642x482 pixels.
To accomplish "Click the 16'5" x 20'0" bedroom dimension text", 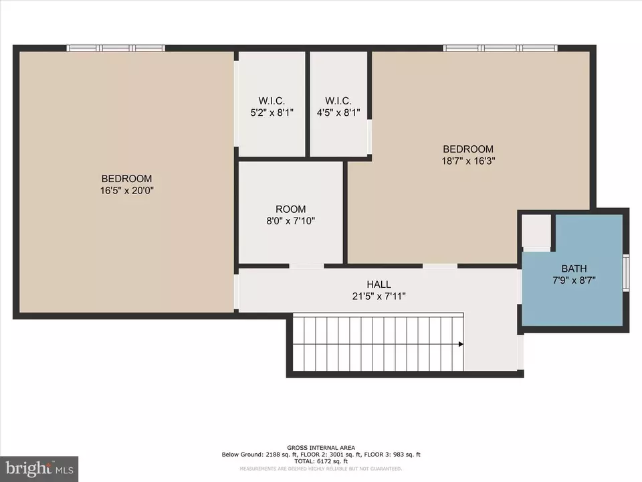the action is pyautogui.click(x=127, y=191).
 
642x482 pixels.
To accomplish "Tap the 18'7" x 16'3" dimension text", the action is pyautogui.click(x=468, y=161).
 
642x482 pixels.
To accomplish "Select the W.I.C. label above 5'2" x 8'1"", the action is pyautogui.click(x=272, y=101).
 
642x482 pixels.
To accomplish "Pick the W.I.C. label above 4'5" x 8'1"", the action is pyautogui.click(x=338, y=101).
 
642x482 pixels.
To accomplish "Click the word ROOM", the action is pyautogui.click(x=291, y=210).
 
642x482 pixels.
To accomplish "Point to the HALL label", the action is pyautogui.click(x=379, y=285).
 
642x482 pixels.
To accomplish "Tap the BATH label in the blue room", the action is pyautogui.click(x=574, y=269).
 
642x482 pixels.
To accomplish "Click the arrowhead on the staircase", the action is pyautogui.click(x=461, y=344).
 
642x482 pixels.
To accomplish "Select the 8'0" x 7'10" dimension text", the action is pyautogui.click(x=291, y=221).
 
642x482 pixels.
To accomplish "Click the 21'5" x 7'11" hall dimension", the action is pyautogui.click(x=379, y=296).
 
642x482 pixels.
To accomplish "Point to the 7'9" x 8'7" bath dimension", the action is pyautogui.click(x=574, y=280).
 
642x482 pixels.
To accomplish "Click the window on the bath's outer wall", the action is pyautogui.click(x=626, y=273).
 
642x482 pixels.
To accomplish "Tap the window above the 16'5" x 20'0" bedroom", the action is pyautogui.click(x=116, y=48).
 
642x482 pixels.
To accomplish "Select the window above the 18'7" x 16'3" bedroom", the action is pyautogui.click(x=500, y=48).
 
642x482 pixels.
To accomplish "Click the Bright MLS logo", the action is pyautogui.click(x=39, y=469).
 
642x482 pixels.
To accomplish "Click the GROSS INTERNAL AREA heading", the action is pyautogui.click(x=321, y=448).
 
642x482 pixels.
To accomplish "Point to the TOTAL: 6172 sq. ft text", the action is pyautogui.click(x=321, y=461).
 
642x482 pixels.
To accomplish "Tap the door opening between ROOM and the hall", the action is pyautogui.click(x=307, y=266).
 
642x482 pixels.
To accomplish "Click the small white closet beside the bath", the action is pyautogui.click(x=537, y=231).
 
